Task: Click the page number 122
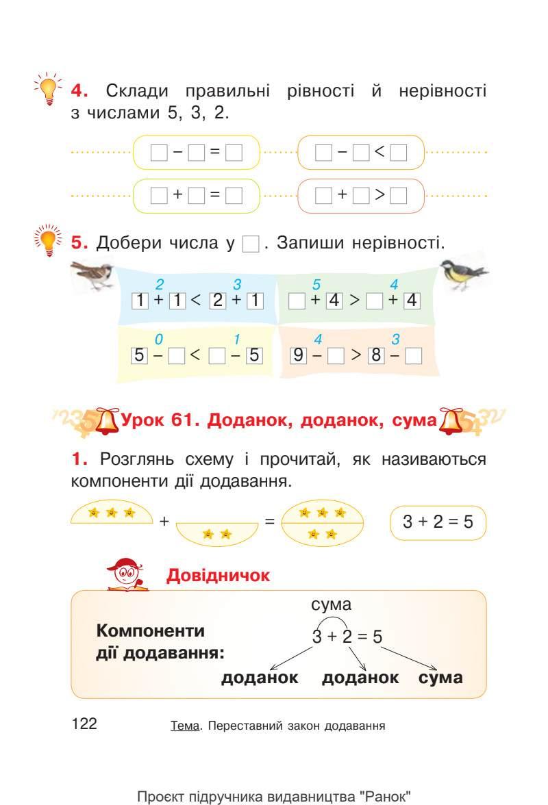tap(84, 724)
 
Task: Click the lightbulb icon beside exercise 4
tap(49, 91)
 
